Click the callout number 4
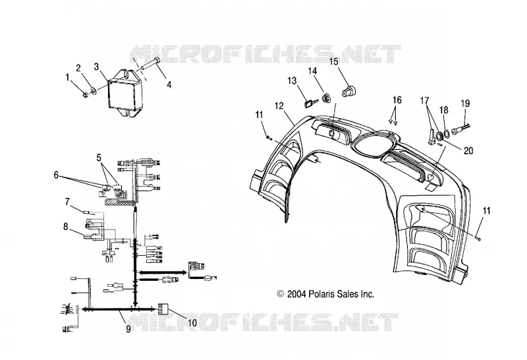169,84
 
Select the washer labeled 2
93,90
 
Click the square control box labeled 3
125,92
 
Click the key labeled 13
310,102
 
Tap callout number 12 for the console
279,106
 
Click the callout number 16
397,100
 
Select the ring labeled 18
447,133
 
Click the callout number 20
468,150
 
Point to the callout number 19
465,103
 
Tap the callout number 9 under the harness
128,329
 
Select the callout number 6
56,175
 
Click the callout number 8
66,227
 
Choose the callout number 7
67,202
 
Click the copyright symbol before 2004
281,294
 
